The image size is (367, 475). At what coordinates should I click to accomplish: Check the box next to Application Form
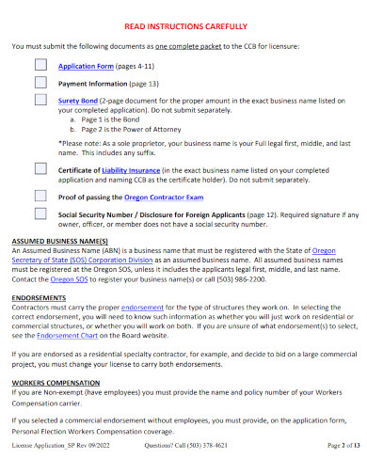pyautogui.click(x=40, y=66)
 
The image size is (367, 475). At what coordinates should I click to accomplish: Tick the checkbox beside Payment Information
pyautogui.click(x=40, y=83)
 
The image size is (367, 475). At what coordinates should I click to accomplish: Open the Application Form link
pyautogui.click(x=86, y=67)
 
